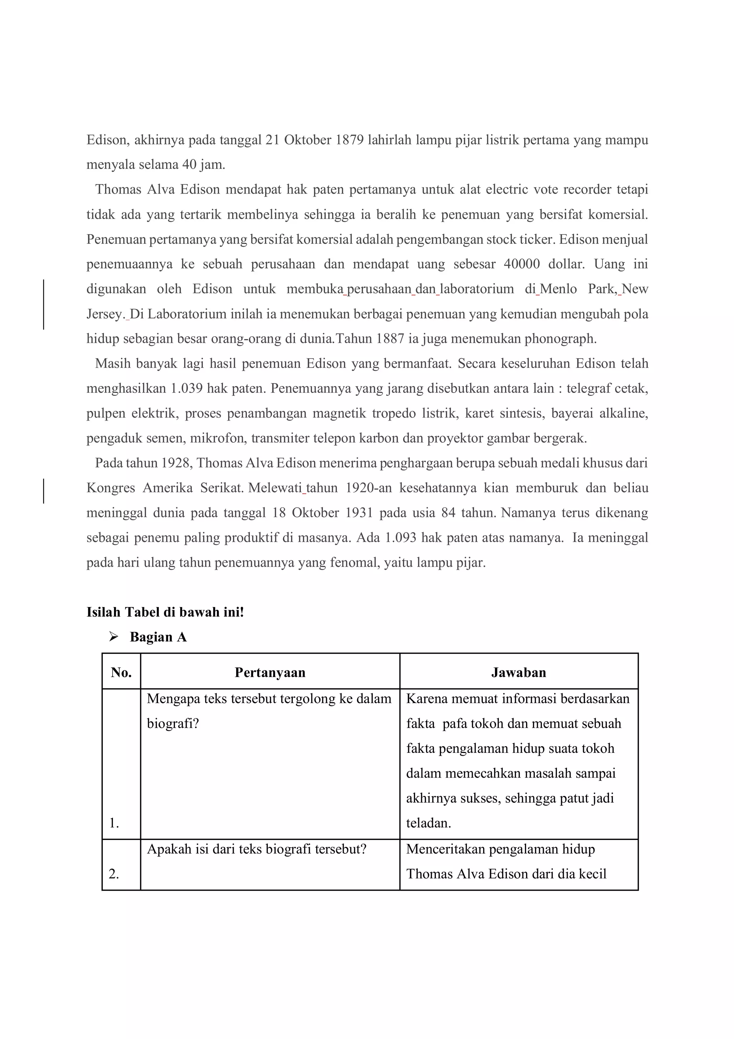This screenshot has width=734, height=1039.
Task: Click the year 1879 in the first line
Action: [x=349, y=140]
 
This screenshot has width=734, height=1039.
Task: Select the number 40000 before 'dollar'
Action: [x=521, y=264]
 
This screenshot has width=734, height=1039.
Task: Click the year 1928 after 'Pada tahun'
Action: [x=175, y=463]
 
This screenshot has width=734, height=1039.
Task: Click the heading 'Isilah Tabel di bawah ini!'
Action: [x=165, y=612]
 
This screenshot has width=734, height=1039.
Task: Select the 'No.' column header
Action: [x=121, y=673]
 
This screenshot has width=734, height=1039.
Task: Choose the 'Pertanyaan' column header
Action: [x=270, y=673]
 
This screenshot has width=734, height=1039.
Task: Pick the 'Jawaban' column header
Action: [x=518, y=673]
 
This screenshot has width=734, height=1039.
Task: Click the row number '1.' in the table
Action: [x=114, y=823]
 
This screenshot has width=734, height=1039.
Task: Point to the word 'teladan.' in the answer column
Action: [x=428, y=823]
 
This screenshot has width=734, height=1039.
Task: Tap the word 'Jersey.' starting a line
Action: [x=105, y=314]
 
